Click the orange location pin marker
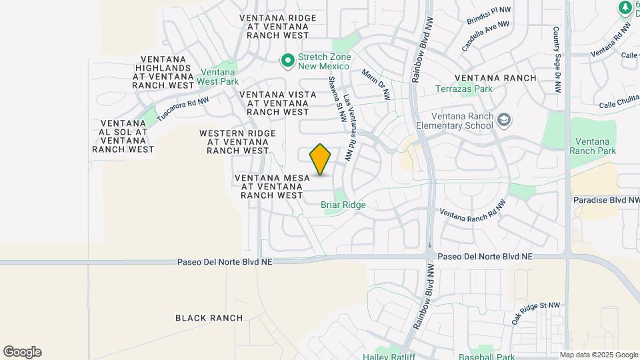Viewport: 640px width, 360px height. [321, 159]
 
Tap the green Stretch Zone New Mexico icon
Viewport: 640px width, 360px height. [288, 61]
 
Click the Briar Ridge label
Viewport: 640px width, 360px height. [343, 205]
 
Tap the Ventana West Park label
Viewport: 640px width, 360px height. [219, 77]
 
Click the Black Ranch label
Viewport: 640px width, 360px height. [209, 318]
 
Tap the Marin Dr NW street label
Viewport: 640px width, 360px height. [375, 85]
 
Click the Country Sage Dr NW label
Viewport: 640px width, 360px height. [557, 60]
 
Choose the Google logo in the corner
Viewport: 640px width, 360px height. [22, 352]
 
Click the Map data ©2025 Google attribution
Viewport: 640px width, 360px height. [598, 355]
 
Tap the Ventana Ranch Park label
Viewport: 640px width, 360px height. [593, 146]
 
